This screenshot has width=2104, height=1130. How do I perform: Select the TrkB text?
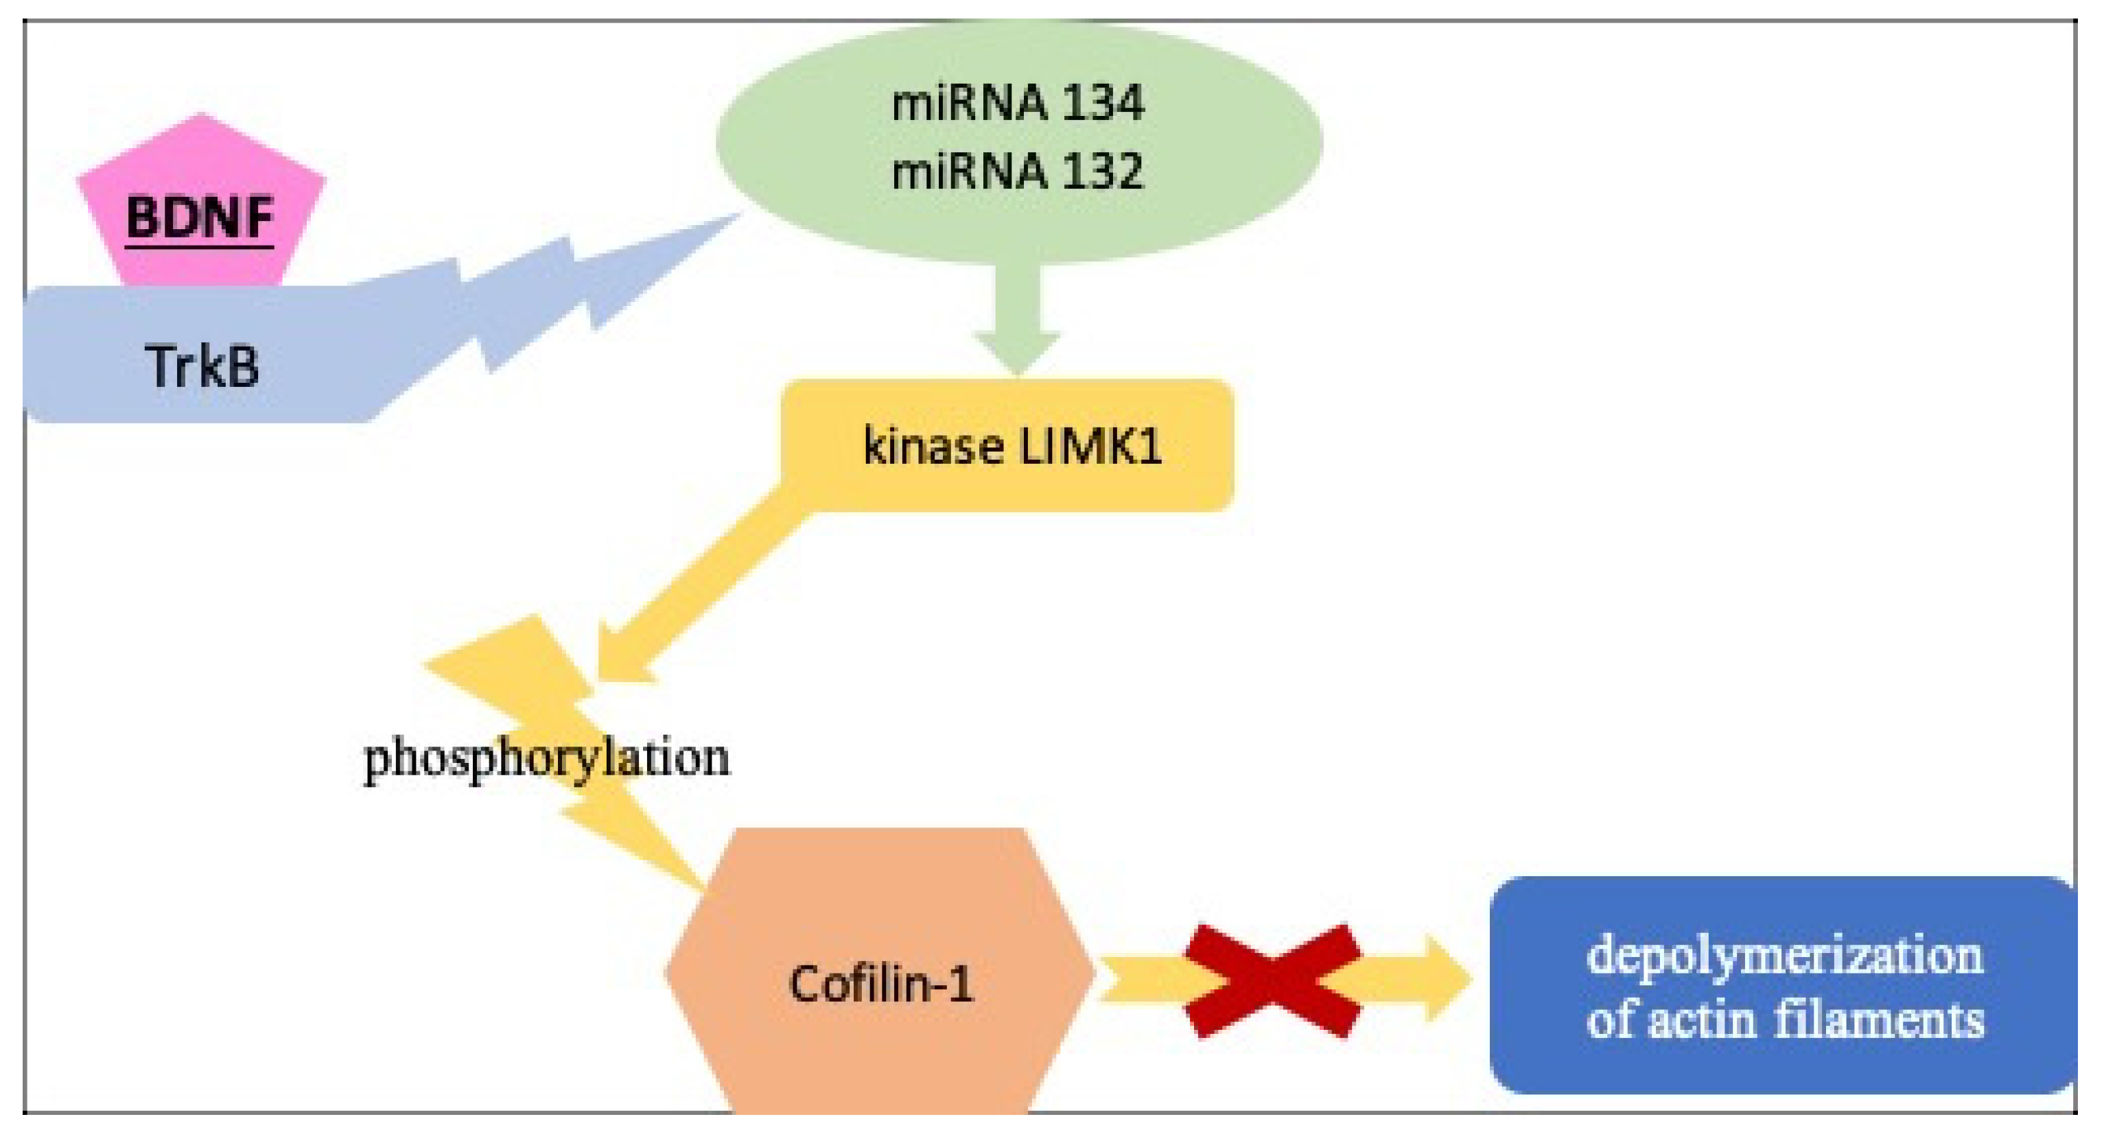[202, 366]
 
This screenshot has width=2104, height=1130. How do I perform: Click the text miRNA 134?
[1017, 104]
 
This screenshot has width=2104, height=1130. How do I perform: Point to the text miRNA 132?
[1017, 172]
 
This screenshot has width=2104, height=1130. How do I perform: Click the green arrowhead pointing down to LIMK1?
[1016, 351]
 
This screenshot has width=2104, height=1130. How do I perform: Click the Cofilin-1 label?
[880, 983]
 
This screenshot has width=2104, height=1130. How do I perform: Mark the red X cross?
[1272, 980]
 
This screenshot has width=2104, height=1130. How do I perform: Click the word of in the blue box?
[1611, 1022]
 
